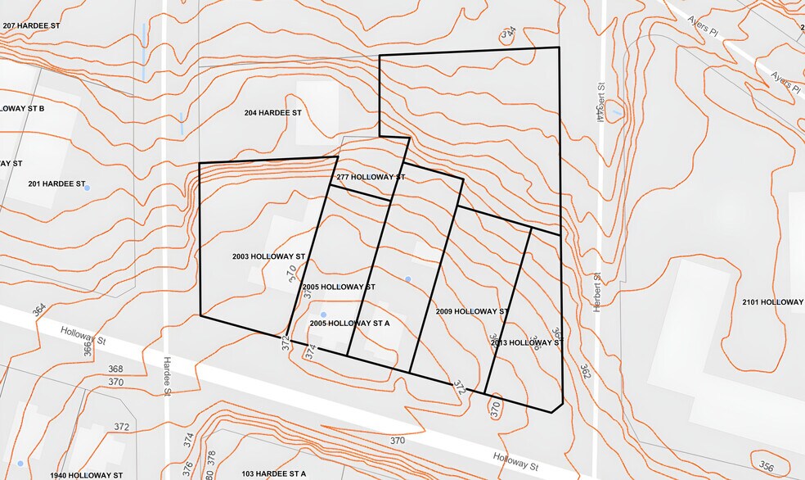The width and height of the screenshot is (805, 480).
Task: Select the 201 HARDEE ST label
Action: (x=56, y=183)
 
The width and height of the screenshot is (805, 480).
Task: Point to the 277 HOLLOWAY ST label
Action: (x=371, y=177)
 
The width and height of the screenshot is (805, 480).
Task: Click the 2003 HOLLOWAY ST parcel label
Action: (x=268, y=256)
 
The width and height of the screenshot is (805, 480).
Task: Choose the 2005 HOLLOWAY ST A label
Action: (x=349, y=324)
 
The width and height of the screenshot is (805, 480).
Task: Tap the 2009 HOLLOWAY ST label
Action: (x=472, y=311)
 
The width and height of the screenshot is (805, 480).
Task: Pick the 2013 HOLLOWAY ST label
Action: (x=525, y=342)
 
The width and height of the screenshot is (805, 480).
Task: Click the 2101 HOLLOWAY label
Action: (x=772, y=302)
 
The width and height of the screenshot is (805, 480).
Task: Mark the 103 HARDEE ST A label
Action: (x=273, y=474)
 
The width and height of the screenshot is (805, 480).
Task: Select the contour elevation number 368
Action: (x=115, y=369)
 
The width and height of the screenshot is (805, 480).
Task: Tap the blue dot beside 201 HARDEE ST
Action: (x=88, y=188)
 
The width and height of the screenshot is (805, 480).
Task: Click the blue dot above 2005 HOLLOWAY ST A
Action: (x=323, y=315)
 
